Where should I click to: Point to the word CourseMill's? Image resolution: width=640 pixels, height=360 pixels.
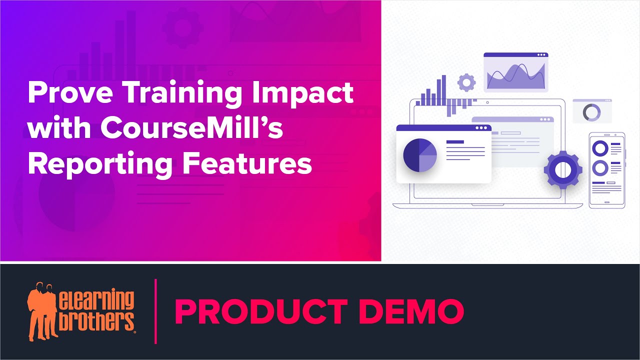point(191,128)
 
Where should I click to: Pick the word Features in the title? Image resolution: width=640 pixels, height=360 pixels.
point(245,163)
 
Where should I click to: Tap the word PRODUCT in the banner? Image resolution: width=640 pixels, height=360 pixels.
point(260,311)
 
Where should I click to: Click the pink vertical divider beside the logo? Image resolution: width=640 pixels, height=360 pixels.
point(156,311)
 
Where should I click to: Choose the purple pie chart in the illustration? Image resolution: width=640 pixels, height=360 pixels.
point(420,155)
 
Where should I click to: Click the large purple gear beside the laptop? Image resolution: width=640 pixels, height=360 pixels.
point(563,169)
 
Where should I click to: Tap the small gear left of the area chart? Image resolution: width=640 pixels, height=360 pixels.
point(466,82)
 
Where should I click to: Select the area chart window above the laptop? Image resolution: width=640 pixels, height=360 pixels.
point(515,72)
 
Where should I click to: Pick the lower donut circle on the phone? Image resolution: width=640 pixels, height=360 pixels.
point(599,167)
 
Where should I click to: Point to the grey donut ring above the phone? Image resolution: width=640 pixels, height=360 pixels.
point(591,112)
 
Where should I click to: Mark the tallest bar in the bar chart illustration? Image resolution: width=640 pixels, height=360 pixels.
point(443,90)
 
